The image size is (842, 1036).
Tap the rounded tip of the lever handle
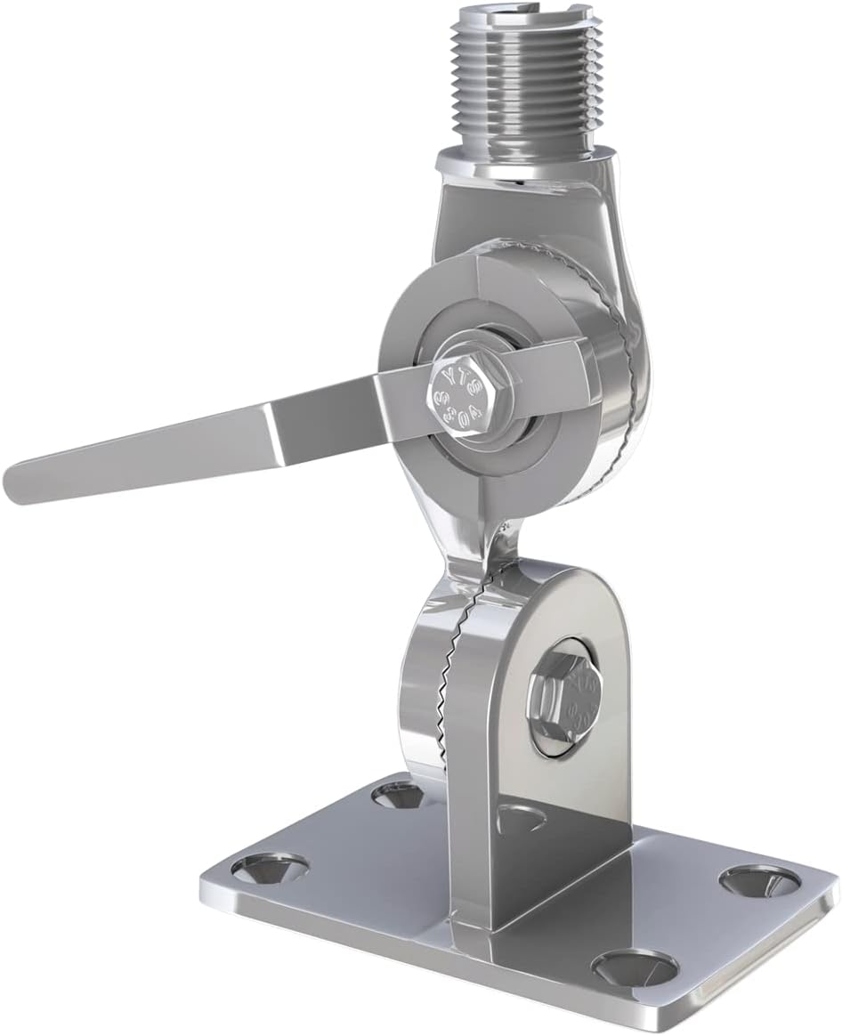coord(20,482)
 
